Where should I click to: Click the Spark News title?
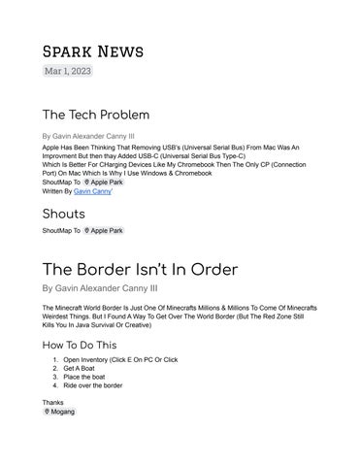pos(93,50)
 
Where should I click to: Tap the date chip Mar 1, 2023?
pos(67,72)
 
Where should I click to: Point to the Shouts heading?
pos(64,214)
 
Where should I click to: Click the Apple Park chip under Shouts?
pos(105,231)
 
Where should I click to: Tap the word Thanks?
pos(53,401)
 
